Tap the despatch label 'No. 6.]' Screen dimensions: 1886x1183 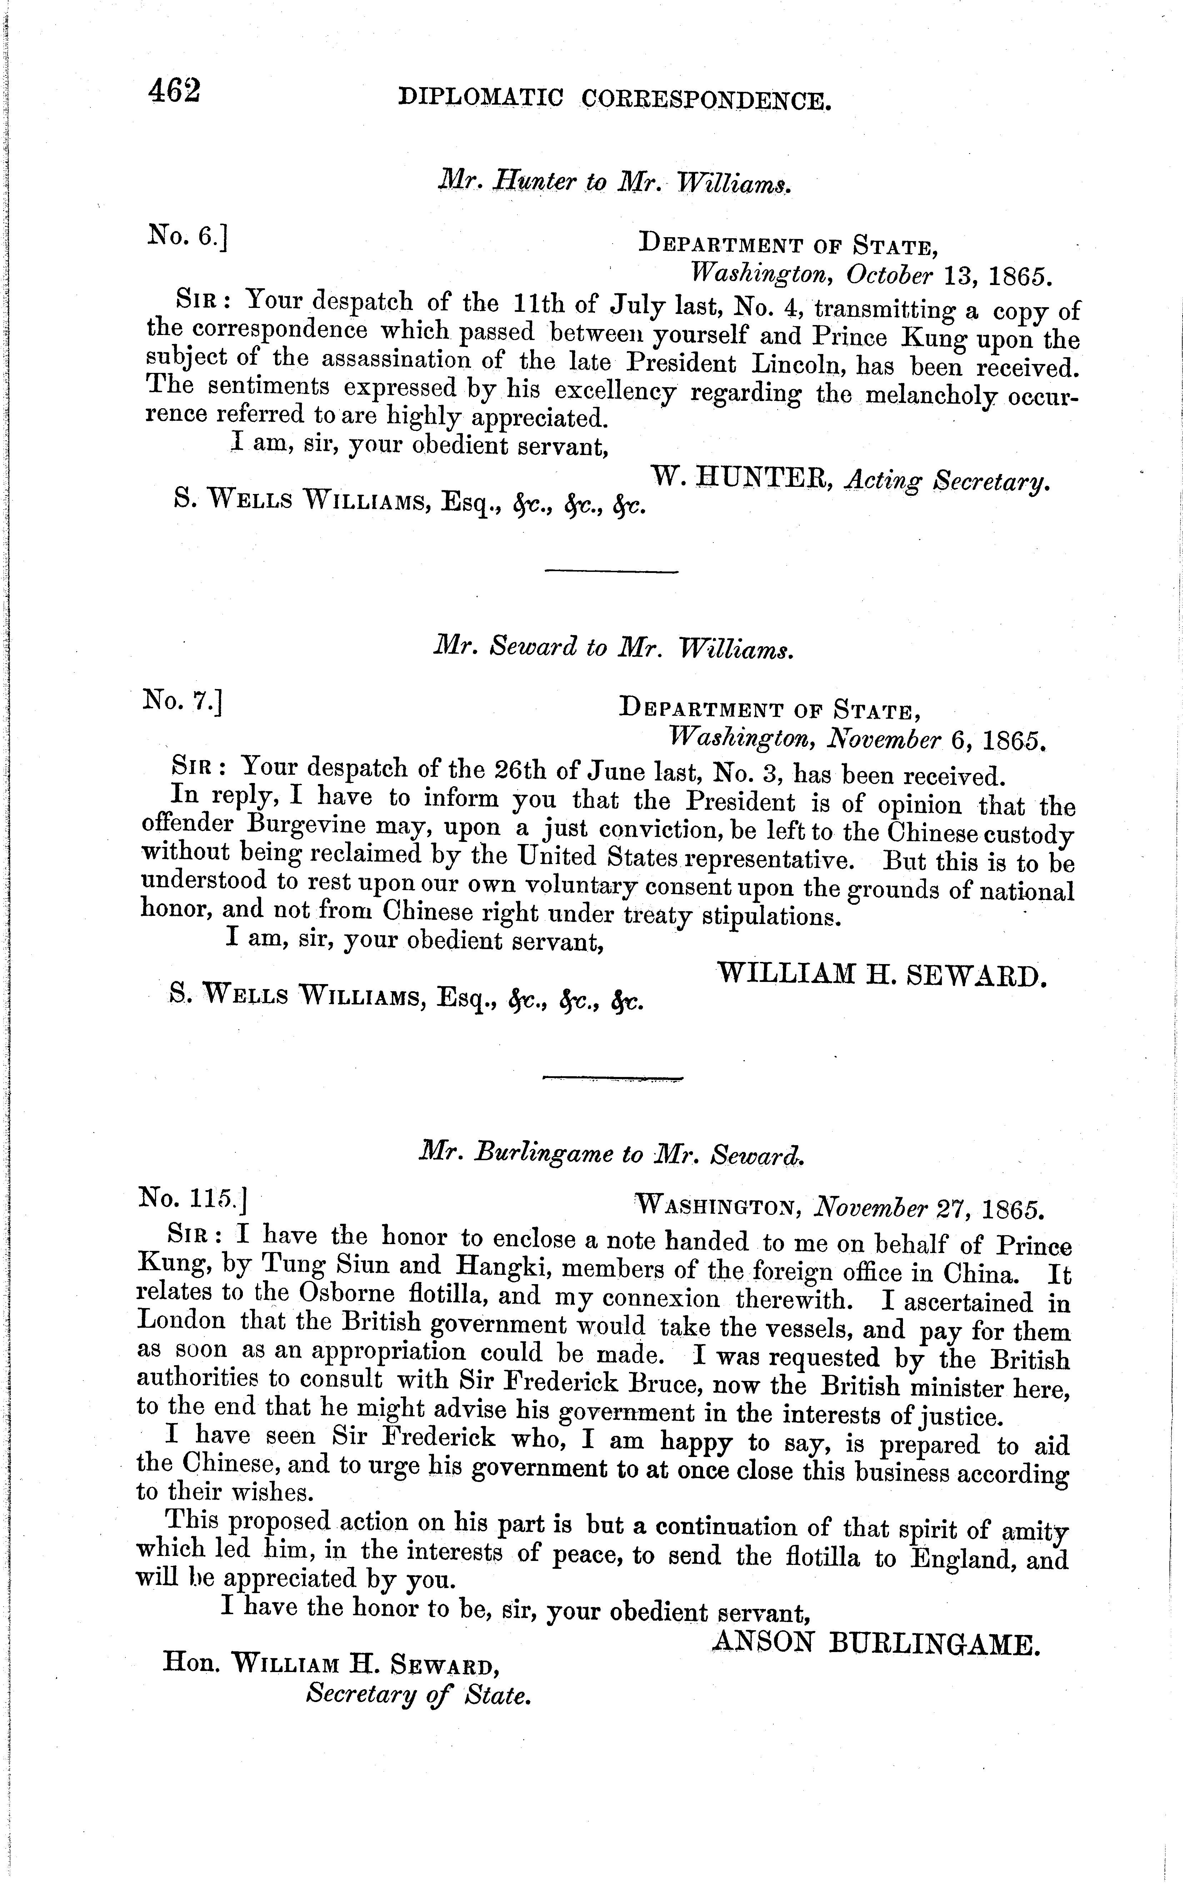coord(186,235)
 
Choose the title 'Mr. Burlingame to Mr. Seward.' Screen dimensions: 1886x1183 coord(612,1154)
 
